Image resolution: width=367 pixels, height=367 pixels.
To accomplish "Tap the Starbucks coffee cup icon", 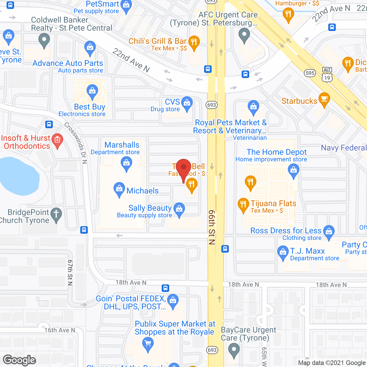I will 324,99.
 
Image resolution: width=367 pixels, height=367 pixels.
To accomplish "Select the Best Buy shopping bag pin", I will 92,91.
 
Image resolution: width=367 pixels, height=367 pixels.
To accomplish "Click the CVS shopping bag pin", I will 187,103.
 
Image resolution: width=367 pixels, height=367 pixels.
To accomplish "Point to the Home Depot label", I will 276,152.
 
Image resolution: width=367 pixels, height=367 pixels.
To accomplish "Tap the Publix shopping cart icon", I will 148,343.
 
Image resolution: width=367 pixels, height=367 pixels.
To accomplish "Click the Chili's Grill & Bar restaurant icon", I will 194,43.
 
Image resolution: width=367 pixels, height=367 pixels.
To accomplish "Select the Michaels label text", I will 142,191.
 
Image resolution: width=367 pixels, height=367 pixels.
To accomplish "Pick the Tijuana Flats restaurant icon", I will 243,204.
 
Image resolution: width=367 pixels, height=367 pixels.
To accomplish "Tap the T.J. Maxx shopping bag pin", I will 283,253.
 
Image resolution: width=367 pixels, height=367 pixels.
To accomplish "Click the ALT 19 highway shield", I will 327,75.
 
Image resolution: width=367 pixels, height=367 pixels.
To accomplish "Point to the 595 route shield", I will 310,73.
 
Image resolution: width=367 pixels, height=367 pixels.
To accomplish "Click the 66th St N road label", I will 212,227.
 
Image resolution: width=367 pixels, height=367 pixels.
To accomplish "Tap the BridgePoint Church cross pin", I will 56,214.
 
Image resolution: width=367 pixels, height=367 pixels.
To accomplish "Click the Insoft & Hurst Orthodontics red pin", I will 57,140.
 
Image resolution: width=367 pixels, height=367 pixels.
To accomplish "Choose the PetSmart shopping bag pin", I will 126,6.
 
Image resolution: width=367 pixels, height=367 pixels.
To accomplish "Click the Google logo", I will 19,360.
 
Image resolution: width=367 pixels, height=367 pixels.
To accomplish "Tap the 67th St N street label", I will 70,273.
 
